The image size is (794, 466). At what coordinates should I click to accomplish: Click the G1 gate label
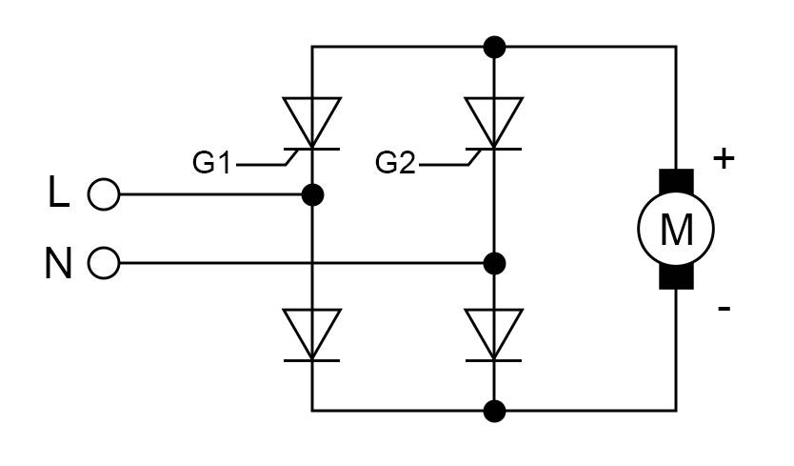[211, 163]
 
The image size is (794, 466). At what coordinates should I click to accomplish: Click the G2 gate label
[395, 163]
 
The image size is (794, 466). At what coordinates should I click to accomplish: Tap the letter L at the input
[59, 194]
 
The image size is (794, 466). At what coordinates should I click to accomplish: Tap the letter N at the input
[59, 263]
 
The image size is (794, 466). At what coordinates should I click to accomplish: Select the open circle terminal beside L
[103, 195]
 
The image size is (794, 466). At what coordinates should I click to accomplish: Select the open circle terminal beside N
[103, 263]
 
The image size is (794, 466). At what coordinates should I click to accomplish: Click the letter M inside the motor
[676, 230]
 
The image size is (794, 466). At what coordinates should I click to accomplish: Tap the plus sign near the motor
[725, 158]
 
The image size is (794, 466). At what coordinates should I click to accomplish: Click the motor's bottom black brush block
[676, 277]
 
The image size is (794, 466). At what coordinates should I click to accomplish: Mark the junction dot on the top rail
[494, 46]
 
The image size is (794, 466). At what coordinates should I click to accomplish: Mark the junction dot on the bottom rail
[494, 412]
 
